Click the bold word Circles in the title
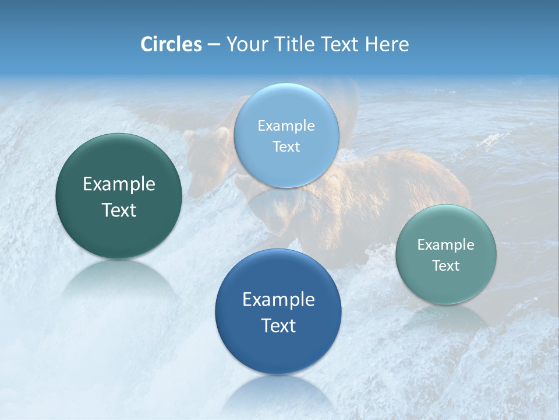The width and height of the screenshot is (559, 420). [171, 44]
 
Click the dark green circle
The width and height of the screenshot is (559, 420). [119, 196]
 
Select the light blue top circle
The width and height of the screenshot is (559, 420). [286, 135]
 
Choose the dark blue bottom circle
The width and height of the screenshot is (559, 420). [278, 311]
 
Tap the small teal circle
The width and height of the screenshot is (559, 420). [446, 254]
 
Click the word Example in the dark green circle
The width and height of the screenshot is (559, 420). [119, 184]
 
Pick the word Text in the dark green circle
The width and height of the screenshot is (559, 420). [119, 210]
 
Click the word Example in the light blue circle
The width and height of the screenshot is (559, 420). [286, 125]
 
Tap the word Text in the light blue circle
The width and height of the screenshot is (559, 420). [286, 146]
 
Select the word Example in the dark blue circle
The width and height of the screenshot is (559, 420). [278, 300]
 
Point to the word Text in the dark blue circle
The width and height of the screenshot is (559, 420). [278, 325]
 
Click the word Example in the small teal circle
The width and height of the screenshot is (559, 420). [446, 244]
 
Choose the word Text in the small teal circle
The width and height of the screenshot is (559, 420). [446, 265]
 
